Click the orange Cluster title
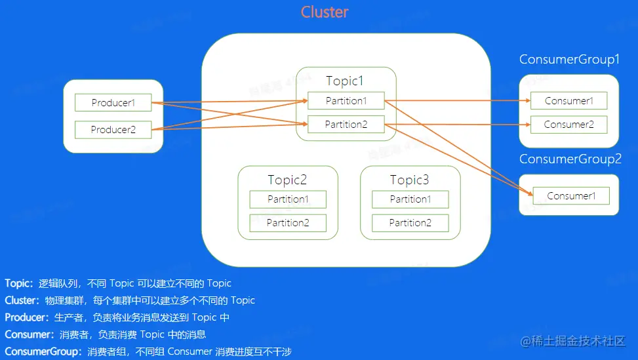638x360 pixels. (325, 12)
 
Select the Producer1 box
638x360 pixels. (113, 102)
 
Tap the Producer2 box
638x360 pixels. (113, 130)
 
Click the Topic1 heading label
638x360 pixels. (345, 81)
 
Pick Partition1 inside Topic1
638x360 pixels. (346, 101)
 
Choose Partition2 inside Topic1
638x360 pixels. (346, 125)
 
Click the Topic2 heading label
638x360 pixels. (287, 180)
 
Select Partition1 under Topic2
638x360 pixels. (288, 199)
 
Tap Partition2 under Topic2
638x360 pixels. (288, 223)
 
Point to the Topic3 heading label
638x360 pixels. (409, 180)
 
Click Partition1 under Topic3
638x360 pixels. (410, 199)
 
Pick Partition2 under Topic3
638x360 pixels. (410, 223)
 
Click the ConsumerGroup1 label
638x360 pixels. (569, 60)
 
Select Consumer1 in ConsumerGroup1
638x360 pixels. (569, 101)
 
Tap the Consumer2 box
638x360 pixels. (569, 125)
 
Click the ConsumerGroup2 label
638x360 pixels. (570, 159)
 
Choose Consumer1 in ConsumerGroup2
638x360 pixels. (571, 195)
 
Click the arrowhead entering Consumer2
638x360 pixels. (528, 125)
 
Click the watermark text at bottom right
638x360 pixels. (573, 341)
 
